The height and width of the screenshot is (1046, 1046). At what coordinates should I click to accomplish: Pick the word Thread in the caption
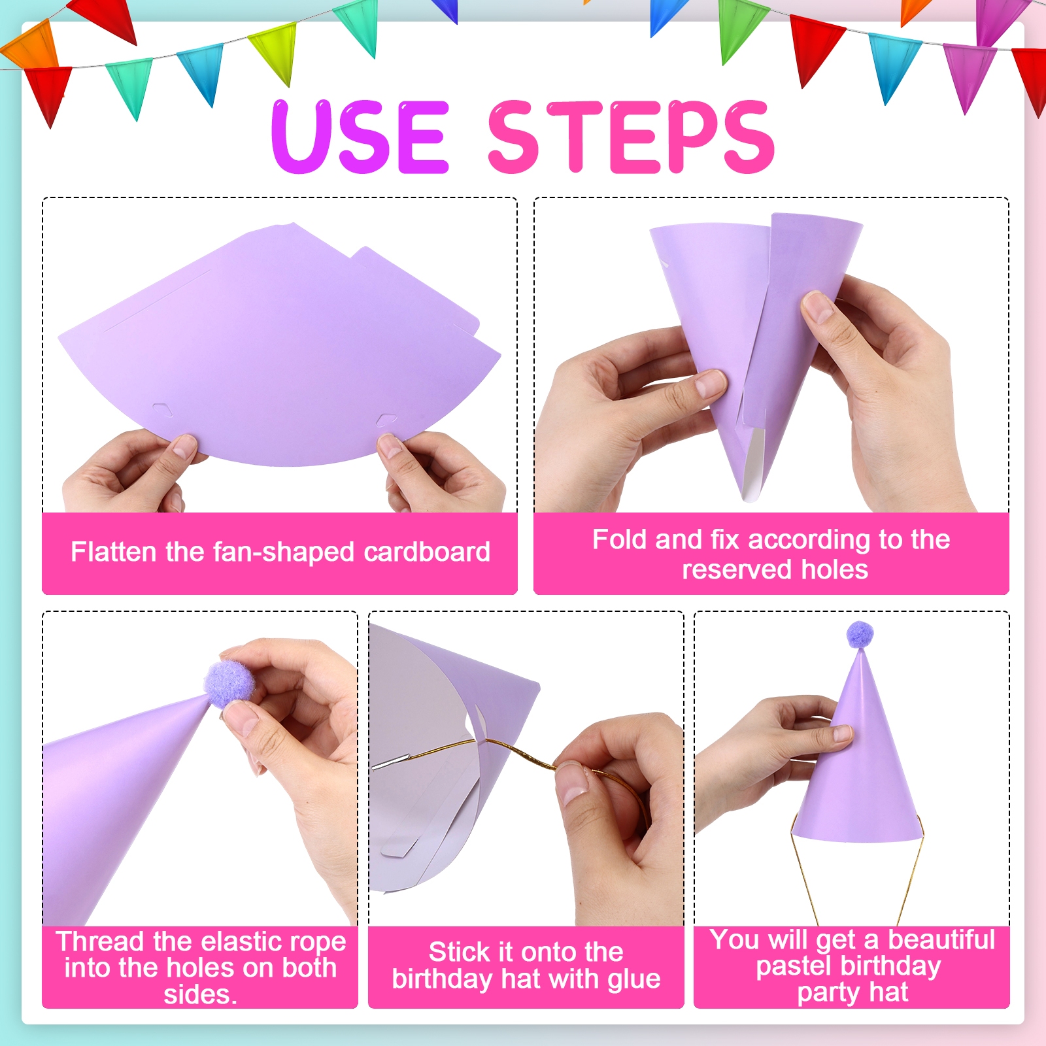(100, 941)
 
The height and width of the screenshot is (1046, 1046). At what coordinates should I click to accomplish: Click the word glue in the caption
(633, 979)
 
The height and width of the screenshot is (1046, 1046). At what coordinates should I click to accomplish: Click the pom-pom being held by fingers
(229, 683)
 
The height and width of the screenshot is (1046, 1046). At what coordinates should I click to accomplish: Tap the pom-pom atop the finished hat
(860, 634)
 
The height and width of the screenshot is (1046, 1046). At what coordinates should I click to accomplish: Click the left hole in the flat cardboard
(163, 410)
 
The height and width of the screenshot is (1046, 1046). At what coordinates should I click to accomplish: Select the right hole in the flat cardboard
(386, 419)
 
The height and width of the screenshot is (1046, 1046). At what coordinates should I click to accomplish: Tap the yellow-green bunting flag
(273, 52)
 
